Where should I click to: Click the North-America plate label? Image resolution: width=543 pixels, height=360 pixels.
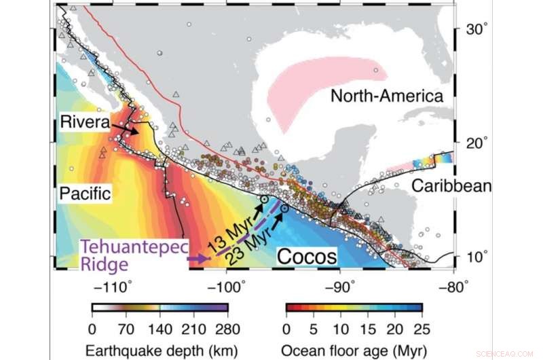click(x=387, y=96)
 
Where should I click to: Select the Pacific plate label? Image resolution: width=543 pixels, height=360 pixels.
click(x=85, y=194)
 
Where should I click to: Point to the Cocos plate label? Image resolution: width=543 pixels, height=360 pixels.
click(x=307, y=257)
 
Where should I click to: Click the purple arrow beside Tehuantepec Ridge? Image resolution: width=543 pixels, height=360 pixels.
click(x=198, y=259)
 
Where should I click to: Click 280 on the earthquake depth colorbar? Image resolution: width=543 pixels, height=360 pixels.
click(x=227, y=329)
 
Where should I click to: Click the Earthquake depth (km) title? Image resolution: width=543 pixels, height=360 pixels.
click(x=160, y=350)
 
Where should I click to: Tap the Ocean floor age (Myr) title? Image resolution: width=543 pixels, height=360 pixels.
click(x=354, y=350)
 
